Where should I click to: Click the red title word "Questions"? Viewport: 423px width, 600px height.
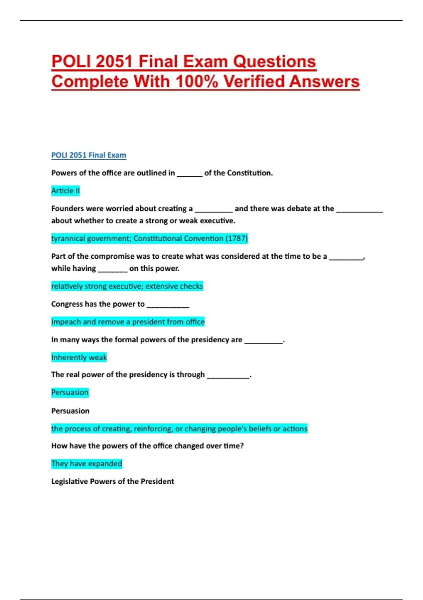click(x=274, y=61)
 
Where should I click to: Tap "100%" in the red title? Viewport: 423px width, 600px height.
click(x=197, y=82)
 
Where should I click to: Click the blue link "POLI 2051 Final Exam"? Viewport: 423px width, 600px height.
click(x=88, y=155)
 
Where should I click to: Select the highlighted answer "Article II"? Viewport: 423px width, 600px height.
click(x=66, y=191)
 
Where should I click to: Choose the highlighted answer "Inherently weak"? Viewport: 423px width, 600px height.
click(x=79, y=357)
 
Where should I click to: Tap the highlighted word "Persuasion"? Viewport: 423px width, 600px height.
click(x=70, y=392)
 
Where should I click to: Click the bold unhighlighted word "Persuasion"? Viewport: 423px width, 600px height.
click(x=70, y=411)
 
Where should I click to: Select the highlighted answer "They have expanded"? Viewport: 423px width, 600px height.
click(x=86, y=463)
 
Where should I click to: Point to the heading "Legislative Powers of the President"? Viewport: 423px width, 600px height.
click(x=112, y=481)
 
